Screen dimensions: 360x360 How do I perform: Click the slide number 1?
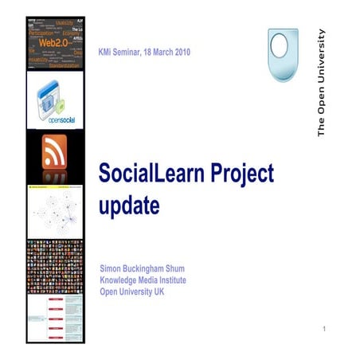pos(326,329)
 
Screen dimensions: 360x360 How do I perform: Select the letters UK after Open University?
pos(162,291)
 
